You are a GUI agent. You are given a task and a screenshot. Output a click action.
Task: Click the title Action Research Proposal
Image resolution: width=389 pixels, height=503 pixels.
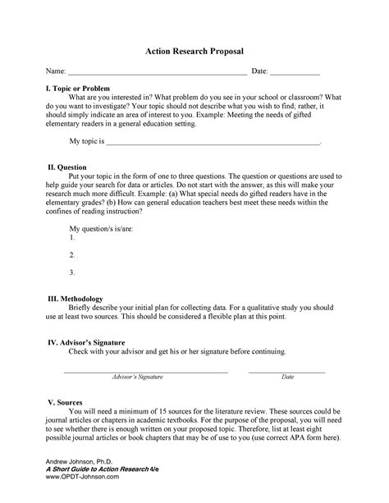194,52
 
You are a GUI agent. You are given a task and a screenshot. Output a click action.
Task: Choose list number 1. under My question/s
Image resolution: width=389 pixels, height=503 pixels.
72,238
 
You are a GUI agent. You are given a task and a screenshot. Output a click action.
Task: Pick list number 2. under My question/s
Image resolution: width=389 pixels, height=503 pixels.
72,255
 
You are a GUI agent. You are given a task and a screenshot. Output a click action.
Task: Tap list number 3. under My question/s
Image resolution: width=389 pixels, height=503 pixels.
72,272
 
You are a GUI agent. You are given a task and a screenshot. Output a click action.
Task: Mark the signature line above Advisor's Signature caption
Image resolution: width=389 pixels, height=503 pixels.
145,372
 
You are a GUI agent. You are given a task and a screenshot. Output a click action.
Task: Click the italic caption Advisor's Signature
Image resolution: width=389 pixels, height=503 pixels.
138,377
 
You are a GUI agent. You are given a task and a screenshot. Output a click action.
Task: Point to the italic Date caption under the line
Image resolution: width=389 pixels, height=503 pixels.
287,377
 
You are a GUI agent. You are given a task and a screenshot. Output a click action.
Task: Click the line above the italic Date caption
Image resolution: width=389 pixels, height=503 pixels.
287,372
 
